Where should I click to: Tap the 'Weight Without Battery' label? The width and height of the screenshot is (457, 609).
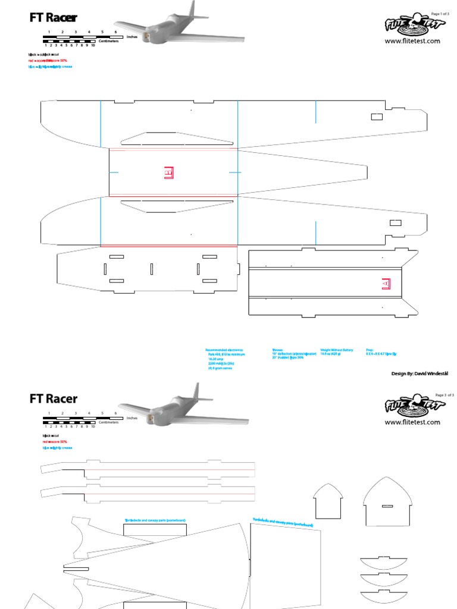pyautogui.click(x=336, y=350)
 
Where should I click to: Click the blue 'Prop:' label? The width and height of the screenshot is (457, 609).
pyautogui.click(x=369, y=350)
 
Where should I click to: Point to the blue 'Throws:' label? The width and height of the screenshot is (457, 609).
pyautogui.click(x=277, y=350)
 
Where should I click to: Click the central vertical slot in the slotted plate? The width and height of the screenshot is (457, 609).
pyautogui.click(x=152, y=269)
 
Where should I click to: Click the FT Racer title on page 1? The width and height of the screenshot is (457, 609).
pyautogui.click(x=53, y=18)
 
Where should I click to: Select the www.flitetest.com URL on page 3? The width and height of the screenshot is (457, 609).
pyautogui.click(x=412, y=422)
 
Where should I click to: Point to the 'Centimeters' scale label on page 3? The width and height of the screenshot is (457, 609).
pyautogui.click(x=109, y=422)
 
